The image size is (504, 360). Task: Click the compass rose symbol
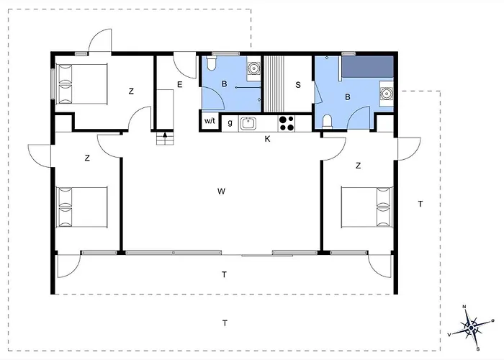(x=471, y=328)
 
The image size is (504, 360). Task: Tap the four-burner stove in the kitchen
(x=287, y=123)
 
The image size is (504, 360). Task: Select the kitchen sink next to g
(x=248, y=123)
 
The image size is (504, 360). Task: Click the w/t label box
(x=210, y=121)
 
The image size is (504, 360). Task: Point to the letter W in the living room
(x=221, y=192)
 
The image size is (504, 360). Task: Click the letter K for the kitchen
(x=267, y=139)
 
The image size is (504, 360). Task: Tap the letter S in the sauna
(x=298, y=85)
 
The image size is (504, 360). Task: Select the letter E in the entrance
(x=180, y=84)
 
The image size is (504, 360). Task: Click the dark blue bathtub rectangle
(x=367, y=66)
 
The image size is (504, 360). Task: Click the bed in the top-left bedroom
(x=81, y=84)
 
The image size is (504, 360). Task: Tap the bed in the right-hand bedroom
(x=366, y=207)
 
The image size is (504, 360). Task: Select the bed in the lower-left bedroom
(x=81, y=207)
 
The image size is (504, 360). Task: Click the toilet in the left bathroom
(x=212, y=63)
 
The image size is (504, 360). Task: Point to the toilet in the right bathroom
(x=327, y=121)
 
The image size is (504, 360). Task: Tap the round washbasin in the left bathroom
(x=254, y=68)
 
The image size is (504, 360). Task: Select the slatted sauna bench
(x=274, y=84)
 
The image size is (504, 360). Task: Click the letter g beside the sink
(x=230, y=123)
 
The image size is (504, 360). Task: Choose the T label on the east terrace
(x=420, y=204)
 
